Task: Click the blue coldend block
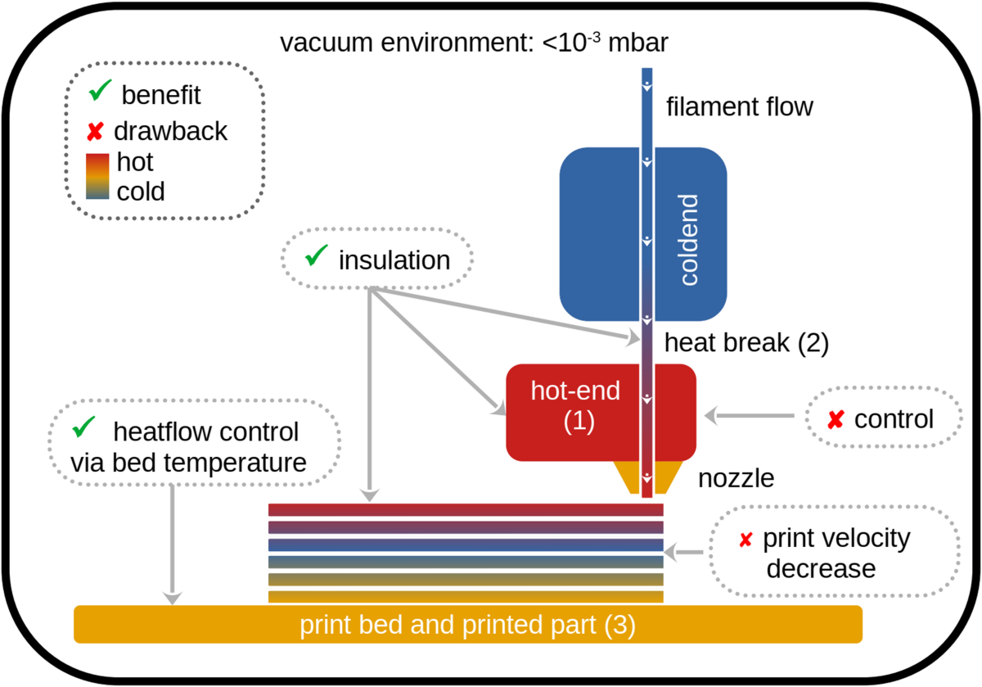pos(597,233)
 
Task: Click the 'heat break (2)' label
pos(746,342)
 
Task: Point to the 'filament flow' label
pos(740,106)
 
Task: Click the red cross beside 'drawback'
pos(95,131)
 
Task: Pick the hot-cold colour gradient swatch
pos(98,175)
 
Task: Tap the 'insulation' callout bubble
pos(377,260)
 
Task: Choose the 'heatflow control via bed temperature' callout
pos(194,447)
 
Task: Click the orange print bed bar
pos(467,625)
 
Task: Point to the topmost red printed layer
pos(466,510)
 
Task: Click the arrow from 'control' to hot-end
pos(749,416)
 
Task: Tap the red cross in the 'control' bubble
pos(835,420)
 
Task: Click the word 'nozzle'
pos(736,477)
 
